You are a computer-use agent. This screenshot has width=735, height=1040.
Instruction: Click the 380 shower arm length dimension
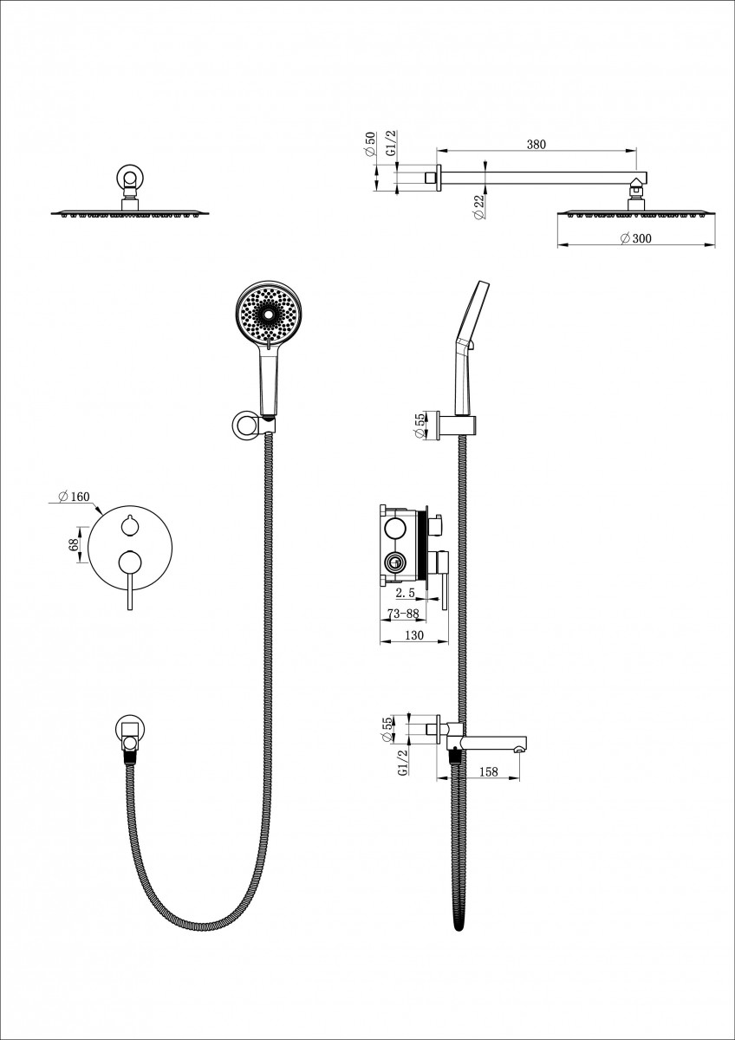(537, 146)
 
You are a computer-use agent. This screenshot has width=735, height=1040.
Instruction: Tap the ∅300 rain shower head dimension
(635, 238)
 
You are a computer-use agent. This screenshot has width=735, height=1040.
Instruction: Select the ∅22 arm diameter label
(479, 207)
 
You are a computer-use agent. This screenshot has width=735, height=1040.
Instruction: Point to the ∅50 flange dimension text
(370, 145)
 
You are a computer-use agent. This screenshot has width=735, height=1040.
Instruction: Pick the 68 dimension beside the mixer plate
(75, 544)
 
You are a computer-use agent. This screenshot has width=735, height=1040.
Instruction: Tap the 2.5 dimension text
(406, 594)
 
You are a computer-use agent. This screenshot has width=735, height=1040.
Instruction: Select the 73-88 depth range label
(405, 614)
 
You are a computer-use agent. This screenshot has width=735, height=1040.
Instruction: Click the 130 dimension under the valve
(414, 635)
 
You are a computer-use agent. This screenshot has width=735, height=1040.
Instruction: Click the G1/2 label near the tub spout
(403, 764)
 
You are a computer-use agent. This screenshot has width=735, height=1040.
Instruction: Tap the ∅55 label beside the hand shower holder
(421, 426)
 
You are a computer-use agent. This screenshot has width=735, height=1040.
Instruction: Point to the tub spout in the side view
(494, 743)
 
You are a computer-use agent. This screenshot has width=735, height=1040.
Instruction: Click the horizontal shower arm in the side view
(537, 178)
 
